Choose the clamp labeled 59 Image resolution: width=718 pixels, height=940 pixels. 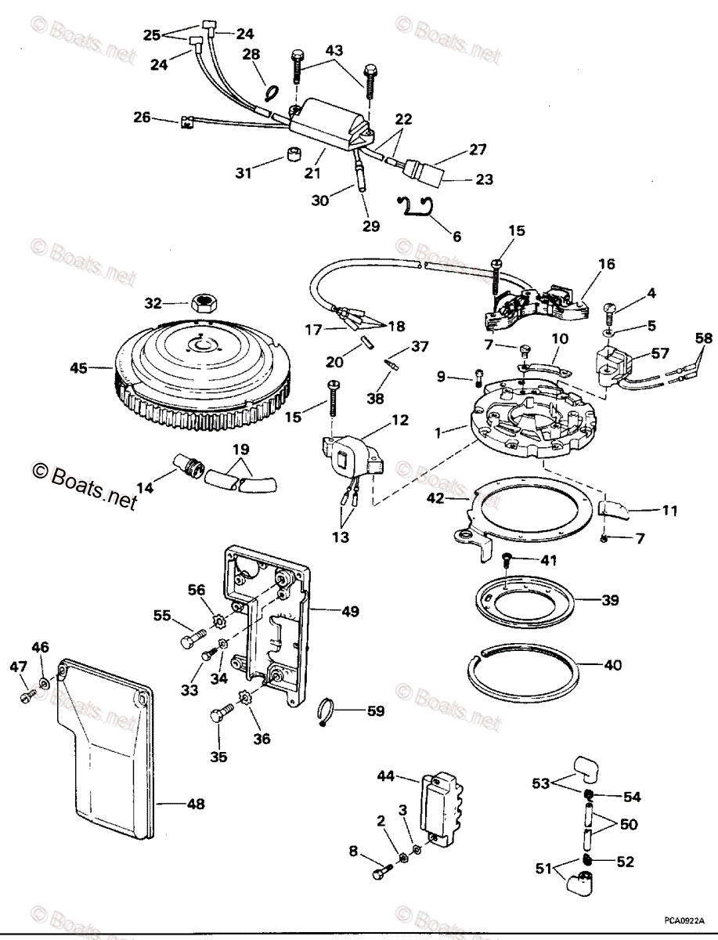click(x=329, y=711)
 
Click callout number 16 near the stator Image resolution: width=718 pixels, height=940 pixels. click(x=607, y=265)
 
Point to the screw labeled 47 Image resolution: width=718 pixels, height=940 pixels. click(x=27, y=695)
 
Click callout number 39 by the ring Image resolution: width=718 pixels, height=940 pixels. click(x=610, y=601)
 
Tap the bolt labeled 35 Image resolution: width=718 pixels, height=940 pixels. click(x=220, y=714)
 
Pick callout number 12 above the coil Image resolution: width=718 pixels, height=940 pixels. click(x=399, y=421)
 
